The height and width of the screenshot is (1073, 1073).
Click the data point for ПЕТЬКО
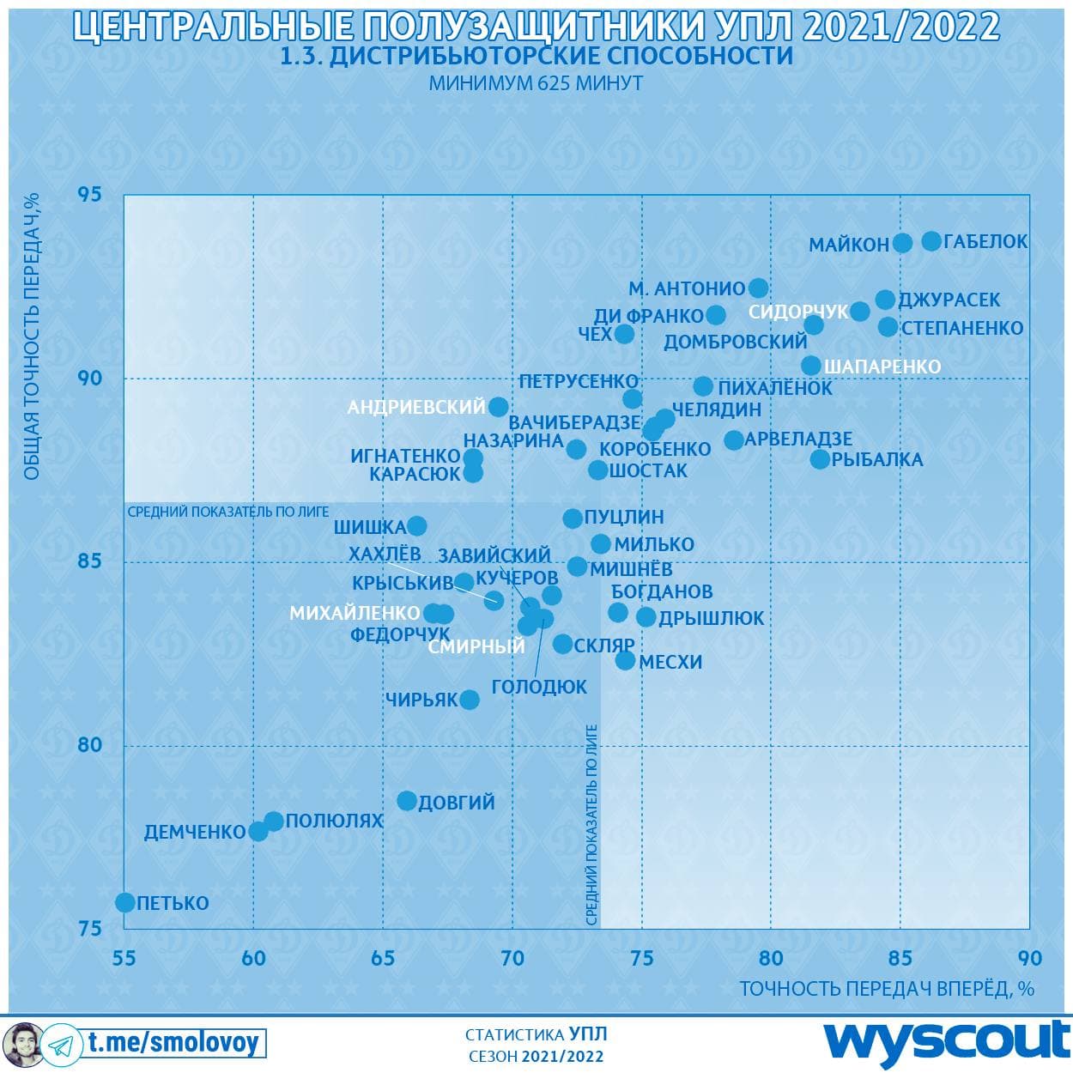pyautogui.click(x=125, y=902)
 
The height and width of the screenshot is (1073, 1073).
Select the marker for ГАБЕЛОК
pyautogui.click(x=931, y=241)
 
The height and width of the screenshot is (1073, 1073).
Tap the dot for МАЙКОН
pyautogui.click(x=902, y=243)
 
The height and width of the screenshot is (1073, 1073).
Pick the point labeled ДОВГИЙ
pyautogui.click(x=407, y=801)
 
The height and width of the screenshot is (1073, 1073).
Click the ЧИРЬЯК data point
pyautogui.click(x=470, y=700)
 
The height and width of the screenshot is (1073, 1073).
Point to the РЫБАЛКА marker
pyautogui.click(x=820, y=459)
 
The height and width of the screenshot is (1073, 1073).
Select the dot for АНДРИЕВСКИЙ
pyautogui.click(x=499, y=407)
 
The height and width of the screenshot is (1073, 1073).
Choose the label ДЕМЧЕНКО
pyautogui.click(x=195, y=832)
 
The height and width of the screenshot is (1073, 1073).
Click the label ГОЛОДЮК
pyautogui.click(x=539, y=687)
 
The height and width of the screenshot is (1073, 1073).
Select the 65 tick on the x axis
pyautogui.click(x=383, y=958)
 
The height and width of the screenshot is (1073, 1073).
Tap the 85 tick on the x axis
pyautogui.click(x=900, y=958)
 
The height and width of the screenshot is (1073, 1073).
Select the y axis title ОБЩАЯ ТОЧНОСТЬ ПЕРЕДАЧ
pyautogui.click(x=32, y=336)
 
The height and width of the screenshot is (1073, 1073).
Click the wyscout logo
pyautogui.click(x=947, y=1041)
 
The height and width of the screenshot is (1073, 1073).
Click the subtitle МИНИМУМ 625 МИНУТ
pyautogui.click(x=536, y=83)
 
